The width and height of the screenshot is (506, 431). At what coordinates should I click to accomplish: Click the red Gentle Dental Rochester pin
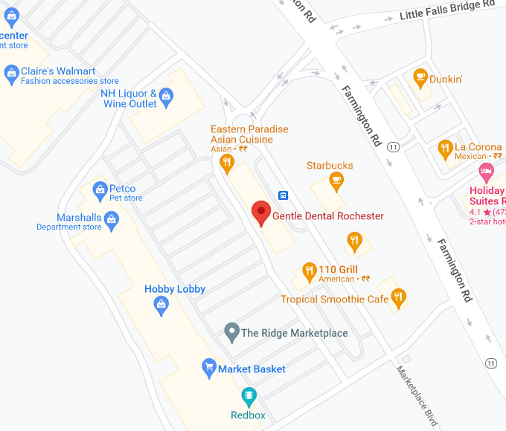click(260, 213)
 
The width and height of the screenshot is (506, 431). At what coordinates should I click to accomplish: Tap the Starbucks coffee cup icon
click(336, 179)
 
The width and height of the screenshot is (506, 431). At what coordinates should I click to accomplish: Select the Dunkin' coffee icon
click(420, 77)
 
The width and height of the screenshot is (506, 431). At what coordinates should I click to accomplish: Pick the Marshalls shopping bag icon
click(112, 218)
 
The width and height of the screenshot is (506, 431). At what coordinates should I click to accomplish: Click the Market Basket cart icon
click(209, 367)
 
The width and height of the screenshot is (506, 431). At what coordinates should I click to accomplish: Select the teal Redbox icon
click(249, 395)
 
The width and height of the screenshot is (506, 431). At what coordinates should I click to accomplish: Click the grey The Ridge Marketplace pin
click(231, 331)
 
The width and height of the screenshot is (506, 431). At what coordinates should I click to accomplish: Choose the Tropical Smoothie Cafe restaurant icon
click(399, 297)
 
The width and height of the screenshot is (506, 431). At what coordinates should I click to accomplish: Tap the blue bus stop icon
click(284, 195)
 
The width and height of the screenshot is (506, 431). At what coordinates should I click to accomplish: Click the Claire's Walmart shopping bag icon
click(11, 72)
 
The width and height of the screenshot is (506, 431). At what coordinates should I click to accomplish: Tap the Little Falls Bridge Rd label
click(446, 10)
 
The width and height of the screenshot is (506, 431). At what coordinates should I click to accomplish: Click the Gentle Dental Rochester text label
click(328, 216)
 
